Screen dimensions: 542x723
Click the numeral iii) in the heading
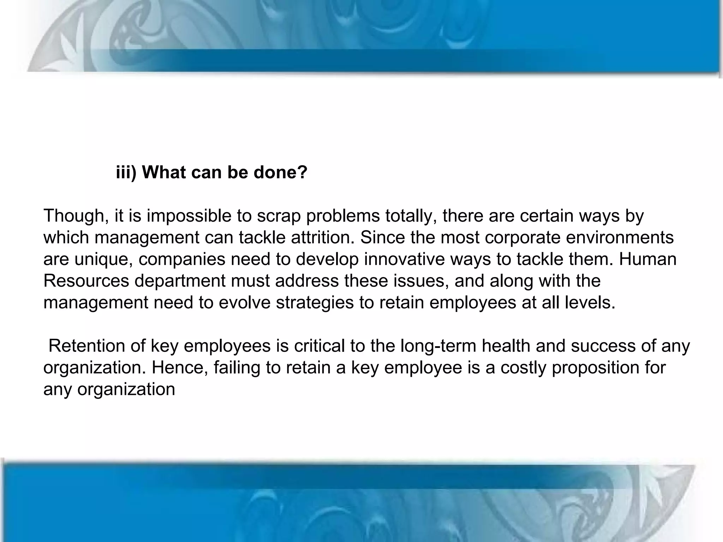126,173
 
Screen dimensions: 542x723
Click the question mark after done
302,173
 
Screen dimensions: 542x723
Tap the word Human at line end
647,259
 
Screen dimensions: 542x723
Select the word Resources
86,281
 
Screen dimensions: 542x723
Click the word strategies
315,303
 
